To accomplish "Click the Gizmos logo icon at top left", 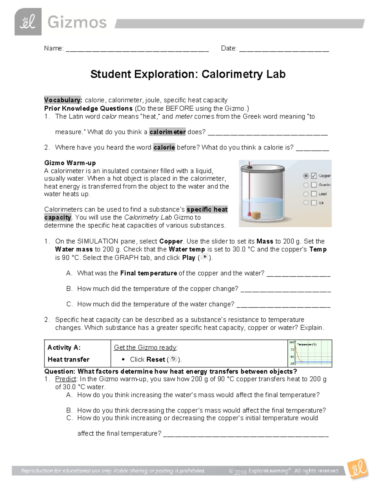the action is point(28,22).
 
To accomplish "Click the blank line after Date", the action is point(284,50).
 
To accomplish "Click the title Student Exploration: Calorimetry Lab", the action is point(188,74).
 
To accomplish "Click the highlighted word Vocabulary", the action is point(63,100).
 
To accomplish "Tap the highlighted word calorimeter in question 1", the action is point(167,132).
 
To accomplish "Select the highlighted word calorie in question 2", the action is point(164,147).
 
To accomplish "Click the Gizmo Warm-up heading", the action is point(70,163).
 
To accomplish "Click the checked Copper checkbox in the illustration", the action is point(314,176).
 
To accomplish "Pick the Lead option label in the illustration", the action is point(322,194).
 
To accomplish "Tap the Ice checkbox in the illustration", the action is point(314,203).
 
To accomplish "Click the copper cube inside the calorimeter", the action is point(257,215).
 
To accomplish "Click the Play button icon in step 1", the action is point(205,257).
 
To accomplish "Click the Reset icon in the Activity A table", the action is point(173,359).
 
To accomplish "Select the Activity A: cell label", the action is point(64,347).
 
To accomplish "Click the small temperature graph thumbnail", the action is point(310,353).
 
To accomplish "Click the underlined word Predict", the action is point(65,379).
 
